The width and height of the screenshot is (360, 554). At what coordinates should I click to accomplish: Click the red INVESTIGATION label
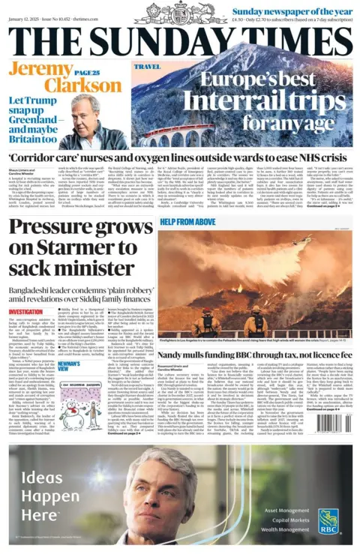25,311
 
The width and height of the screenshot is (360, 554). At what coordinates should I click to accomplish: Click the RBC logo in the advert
328,517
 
